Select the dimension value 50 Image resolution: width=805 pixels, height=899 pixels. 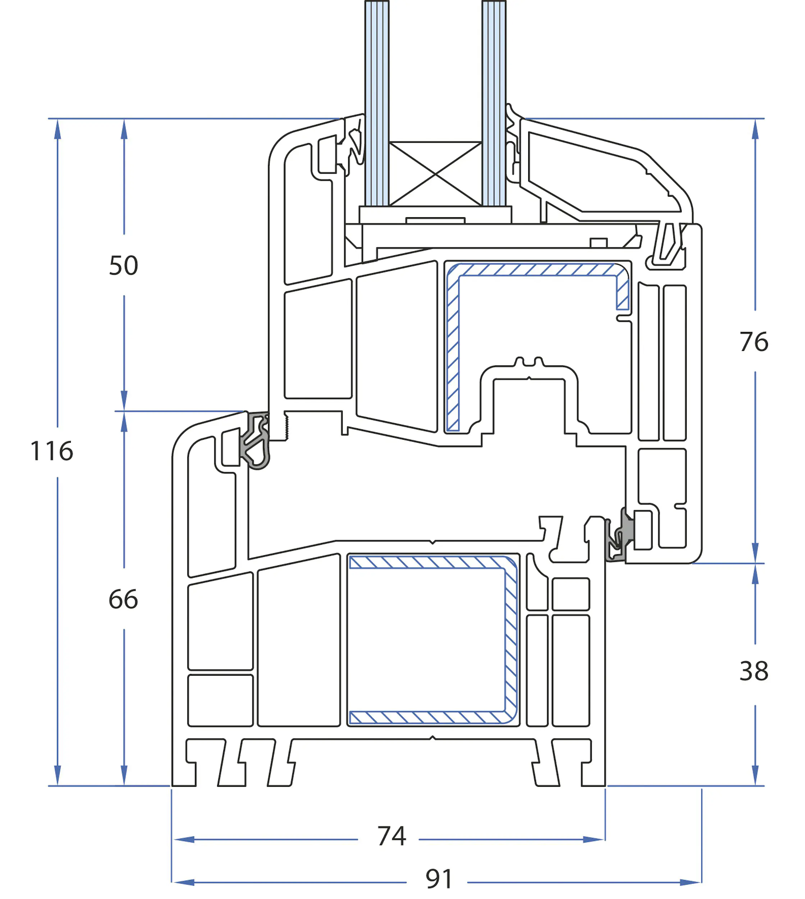point(123,265)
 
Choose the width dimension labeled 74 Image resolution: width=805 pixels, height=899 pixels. point(392,836)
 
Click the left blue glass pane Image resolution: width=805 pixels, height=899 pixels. point(377,102)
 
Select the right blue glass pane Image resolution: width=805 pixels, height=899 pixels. point(494,102)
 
